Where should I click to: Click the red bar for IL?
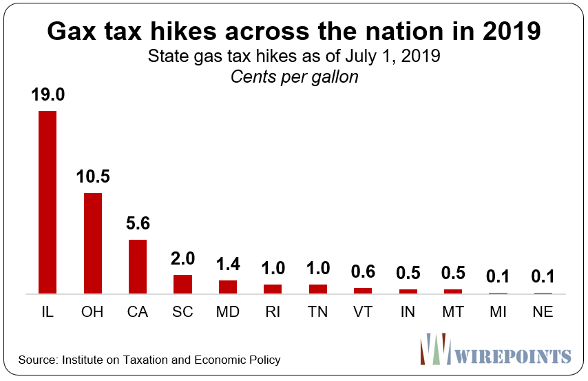pyautogui.click(x=48, y=202)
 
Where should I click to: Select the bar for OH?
pyautogui.click(x=92, y=243)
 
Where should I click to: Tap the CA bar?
pyautogui.click(x=138, y=267)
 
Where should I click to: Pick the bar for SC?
pyautogui.click(x=182, y=284)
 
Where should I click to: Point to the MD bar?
pyautogui.click(x=228, y=287)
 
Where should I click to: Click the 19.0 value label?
pyautogui.click(x=48, y=95)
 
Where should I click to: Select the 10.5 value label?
pyautogui.click(x=92, y=177)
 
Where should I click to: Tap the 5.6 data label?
pyautogui.click(x=138, y=224)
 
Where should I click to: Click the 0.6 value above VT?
pyautogui.click(x=363, y=272)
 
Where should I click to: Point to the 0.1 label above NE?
pyautogui.click(x=543, y=277)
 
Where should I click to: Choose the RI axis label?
pyautogui.click(x=273, y=312)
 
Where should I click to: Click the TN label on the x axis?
pyautogui.click(x=318, y=312)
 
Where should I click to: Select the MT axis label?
pyautogui.click(x=453, y=312)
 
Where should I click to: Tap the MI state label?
pyautogui.click(x=498, y=312)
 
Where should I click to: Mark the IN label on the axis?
pyautogui.click(x=408, y=312)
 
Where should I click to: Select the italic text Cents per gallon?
pyautogui.click(x=294, y=76)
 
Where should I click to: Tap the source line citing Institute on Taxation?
pyautogui.click(x=149, y=360)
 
